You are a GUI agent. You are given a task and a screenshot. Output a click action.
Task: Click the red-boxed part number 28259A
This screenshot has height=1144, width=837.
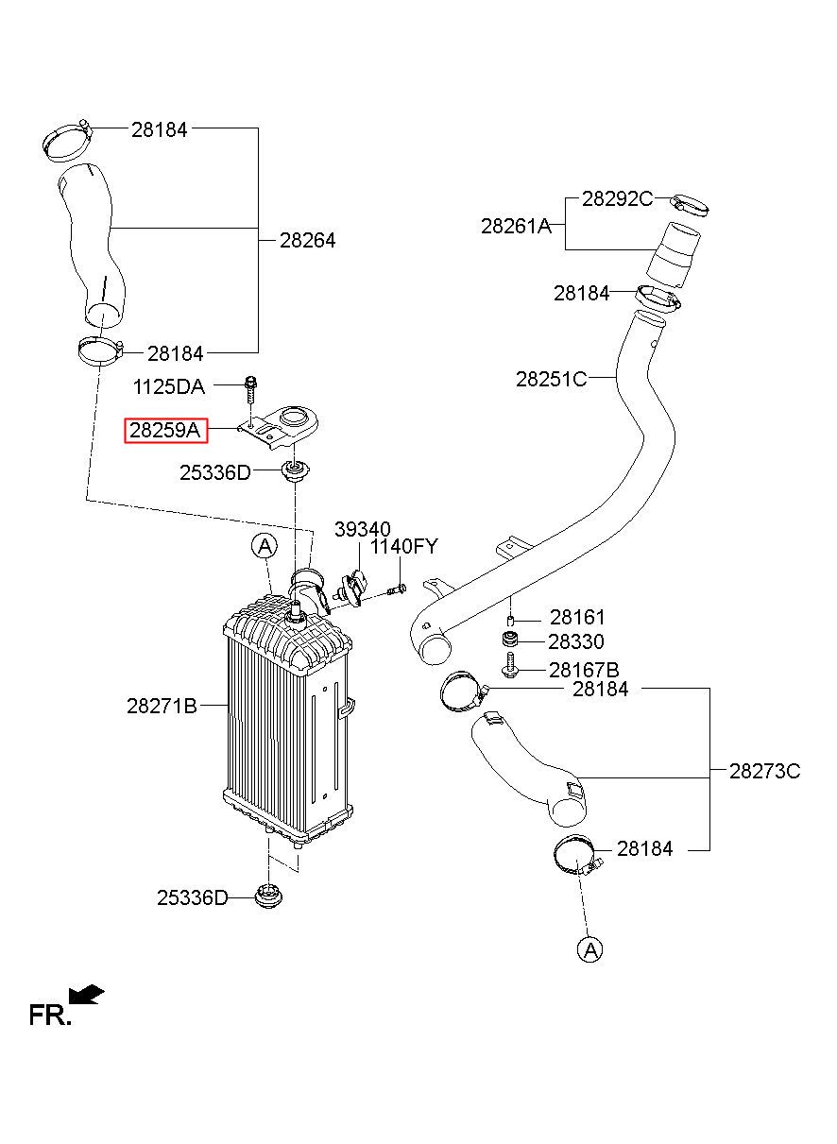coord(166,431)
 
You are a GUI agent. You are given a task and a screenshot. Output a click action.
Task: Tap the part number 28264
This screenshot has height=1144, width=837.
coord(307,240)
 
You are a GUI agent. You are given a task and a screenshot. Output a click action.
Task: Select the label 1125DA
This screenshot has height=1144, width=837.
coord(168,387)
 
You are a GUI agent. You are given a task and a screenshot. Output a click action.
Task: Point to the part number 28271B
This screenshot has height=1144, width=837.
coord(162,707)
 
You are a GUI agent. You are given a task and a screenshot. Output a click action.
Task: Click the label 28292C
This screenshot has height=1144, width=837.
coord(618,198)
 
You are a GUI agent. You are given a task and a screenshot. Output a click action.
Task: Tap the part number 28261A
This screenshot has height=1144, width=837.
coord(517,226)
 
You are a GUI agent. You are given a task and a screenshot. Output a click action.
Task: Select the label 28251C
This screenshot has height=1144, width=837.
coord(551,379)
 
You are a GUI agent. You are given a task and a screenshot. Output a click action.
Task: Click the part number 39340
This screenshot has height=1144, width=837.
coord(363,529)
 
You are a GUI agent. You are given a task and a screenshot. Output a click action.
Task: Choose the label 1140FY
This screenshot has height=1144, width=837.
coord(404,546)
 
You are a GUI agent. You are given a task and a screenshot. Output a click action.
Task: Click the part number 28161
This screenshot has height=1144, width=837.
coord(577,618)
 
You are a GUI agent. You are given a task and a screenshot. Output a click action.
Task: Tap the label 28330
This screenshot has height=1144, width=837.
coord(576,642)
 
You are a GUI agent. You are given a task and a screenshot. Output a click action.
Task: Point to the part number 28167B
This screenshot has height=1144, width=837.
coord(584,670)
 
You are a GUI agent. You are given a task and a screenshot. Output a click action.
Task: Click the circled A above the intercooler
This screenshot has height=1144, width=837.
coord(265,547)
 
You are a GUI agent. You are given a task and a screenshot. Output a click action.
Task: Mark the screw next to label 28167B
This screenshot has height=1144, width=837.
coord(509,665)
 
